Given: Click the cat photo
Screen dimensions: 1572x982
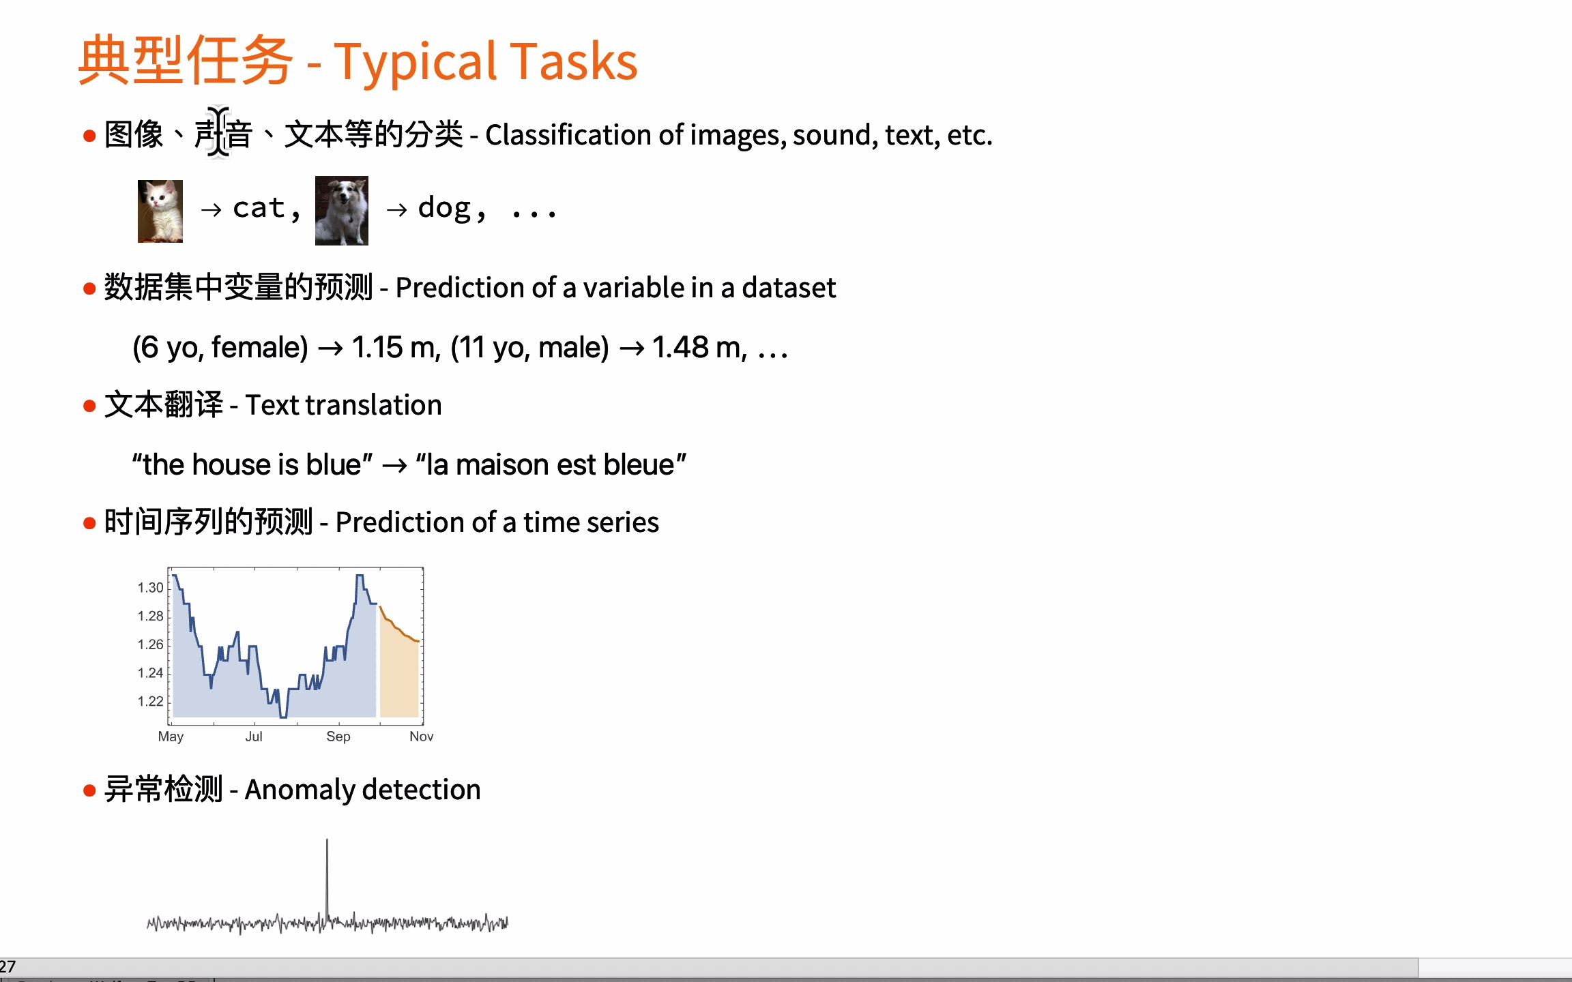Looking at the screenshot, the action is [160, 211].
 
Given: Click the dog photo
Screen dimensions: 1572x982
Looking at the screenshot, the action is [342, 211].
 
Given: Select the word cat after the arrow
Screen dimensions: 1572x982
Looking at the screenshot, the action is [259, 208].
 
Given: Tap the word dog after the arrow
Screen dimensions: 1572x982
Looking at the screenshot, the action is [444, 208].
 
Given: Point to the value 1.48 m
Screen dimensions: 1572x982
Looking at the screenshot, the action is [696, 348].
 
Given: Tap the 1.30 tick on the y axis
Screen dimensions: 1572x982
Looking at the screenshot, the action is [150, 588].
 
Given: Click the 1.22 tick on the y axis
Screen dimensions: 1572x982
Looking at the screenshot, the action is [150, 702].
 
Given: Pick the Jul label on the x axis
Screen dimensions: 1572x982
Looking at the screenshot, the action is [254, 736].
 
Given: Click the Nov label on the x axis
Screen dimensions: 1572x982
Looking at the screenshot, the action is [422, 736].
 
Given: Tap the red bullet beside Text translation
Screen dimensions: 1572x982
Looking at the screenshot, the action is [89, 406].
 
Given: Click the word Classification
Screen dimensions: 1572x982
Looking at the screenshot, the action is [569, 135].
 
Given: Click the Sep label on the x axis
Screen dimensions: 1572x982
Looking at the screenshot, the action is [338, 736].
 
